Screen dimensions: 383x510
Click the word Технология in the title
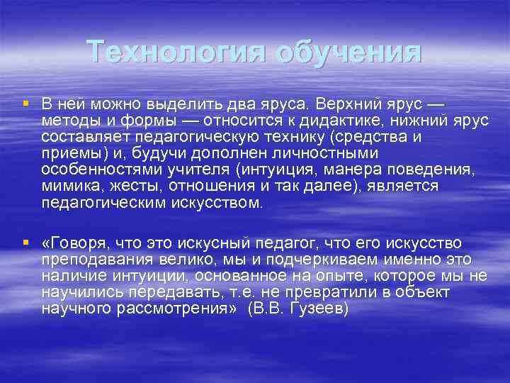click(177, 52)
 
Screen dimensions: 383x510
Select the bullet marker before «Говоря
click(25, 243)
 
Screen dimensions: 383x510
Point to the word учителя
click(203, 170)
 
